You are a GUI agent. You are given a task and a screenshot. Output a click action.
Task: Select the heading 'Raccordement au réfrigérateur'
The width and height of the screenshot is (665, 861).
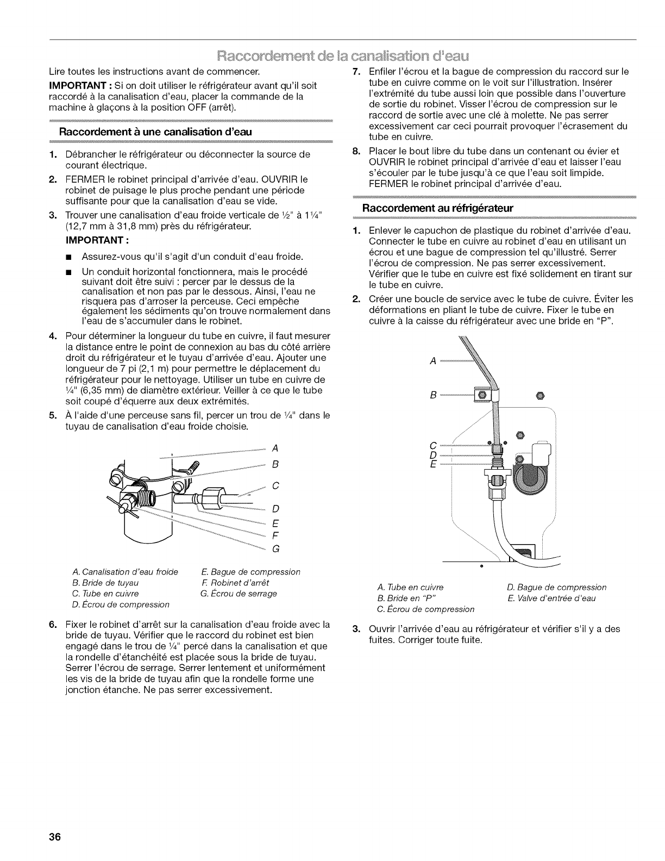click(438, 208)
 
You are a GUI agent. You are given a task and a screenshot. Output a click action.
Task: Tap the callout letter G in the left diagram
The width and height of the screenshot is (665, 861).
click(275, 549)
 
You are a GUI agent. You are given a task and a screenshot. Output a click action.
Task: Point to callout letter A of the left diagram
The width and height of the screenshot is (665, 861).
click(275, 448)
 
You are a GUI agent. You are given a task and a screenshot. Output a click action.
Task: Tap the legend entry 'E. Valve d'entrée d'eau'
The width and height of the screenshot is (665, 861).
click(551, 598)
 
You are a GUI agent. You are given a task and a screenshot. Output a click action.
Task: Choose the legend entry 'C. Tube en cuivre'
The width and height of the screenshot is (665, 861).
click(105, 594)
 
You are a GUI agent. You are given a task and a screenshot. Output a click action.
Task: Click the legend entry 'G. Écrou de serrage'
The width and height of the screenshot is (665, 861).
click(239, 594)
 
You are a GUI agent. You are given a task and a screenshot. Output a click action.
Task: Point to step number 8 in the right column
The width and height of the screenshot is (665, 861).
click(356, 151)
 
